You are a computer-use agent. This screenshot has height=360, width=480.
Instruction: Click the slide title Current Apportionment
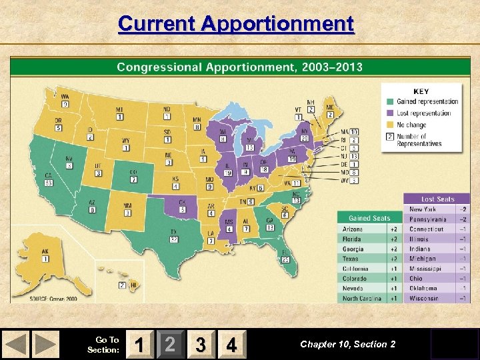(236, 23)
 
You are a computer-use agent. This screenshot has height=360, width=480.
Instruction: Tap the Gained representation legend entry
(427, 101)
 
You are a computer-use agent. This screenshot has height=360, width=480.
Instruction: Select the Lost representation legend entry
(423, 113)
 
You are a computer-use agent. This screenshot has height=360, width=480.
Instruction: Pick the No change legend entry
(411, 125)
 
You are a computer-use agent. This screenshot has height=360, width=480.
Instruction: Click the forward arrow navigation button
(46, 344)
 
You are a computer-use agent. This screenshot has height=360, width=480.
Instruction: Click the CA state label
(48, 175)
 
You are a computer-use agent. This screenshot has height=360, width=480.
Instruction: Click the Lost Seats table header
(437, 199)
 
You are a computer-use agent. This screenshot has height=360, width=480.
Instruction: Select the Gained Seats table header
(369, 218)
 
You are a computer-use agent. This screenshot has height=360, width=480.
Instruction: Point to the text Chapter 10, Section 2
(347, 344)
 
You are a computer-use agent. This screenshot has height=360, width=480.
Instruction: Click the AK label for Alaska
(45, 253)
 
